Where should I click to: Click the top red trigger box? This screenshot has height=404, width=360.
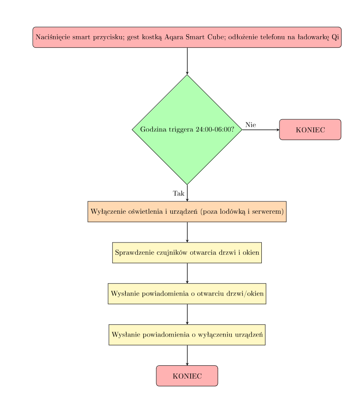pos(187,37)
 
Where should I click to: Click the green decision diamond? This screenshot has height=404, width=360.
pos(187,129)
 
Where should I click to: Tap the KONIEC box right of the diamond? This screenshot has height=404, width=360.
pos(310,129)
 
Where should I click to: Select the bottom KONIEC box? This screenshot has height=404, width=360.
pos(187,376)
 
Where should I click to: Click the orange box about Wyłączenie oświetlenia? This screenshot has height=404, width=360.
pos(187,212)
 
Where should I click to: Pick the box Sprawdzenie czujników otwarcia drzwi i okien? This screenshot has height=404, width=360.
pos(187,253)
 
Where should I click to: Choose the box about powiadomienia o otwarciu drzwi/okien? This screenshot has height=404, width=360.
pos(187,294)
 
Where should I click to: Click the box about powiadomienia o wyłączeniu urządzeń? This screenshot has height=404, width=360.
pos(187,335)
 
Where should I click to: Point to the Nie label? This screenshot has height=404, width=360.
pos(251,125)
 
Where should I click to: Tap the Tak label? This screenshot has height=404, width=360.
pos(179,193)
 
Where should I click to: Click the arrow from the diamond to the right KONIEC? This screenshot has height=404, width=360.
pos(261,129)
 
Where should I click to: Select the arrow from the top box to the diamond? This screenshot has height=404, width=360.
pos(187,61)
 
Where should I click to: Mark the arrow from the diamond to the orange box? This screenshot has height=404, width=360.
pos(187,193)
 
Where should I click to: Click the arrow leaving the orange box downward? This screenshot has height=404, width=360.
pos(187,232)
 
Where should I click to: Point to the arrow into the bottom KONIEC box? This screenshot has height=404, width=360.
pos(187,356)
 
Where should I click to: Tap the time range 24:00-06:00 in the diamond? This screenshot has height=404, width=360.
pos(215,129)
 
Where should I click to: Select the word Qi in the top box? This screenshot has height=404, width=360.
pos(335,37)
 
